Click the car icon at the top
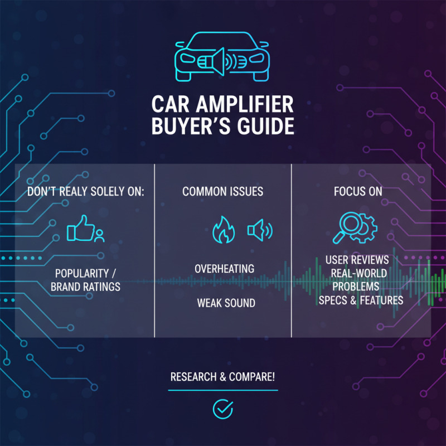222,57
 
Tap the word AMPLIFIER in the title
245,104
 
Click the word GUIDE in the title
266,127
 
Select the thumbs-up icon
80,228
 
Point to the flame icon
224,230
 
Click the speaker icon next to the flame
260,230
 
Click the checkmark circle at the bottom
223,409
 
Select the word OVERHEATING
225,269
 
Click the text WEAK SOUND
226,303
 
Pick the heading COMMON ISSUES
222,191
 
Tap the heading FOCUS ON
358,191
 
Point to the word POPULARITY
82,273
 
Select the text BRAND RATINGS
85,287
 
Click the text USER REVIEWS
357,260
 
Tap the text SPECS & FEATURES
361,300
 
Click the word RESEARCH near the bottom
193,377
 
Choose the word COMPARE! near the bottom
252,377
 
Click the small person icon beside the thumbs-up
99,236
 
